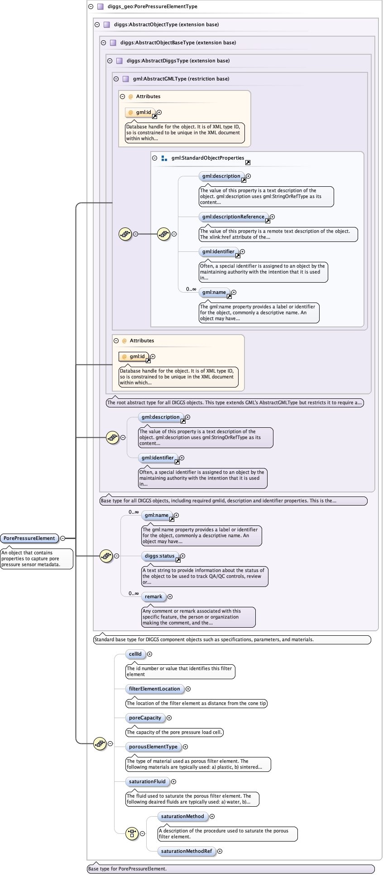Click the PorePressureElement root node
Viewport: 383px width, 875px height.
(29, 538)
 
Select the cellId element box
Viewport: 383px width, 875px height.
(135, 654)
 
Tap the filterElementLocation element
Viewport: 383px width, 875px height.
(154, 689)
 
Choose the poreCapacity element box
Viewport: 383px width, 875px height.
(145, 718)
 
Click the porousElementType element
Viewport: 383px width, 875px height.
(153, 747)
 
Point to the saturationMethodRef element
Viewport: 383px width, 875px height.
(187, 851)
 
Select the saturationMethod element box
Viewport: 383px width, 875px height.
(182, 816)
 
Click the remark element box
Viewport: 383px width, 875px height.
(153, 596)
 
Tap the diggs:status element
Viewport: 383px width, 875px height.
(159, 556)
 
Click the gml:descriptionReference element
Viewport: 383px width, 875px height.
(233, 217)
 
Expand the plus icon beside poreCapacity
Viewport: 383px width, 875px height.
(169, 718)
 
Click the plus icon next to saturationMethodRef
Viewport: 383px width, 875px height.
(220, 851)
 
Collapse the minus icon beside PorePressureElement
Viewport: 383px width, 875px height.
(63, 538)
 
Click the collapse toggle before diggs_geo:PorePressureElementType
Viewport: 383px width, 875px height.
(91, 7)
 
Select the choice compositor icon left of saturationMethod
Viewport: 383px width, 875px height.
(132, 833)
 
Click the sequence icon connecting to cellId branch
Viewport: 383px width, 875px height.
(100, 743)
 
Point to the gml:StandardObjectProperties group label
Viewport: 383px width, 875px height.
(207, 158)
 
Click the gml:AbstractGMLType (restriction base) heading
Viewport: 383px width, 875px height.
(181, 79)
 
